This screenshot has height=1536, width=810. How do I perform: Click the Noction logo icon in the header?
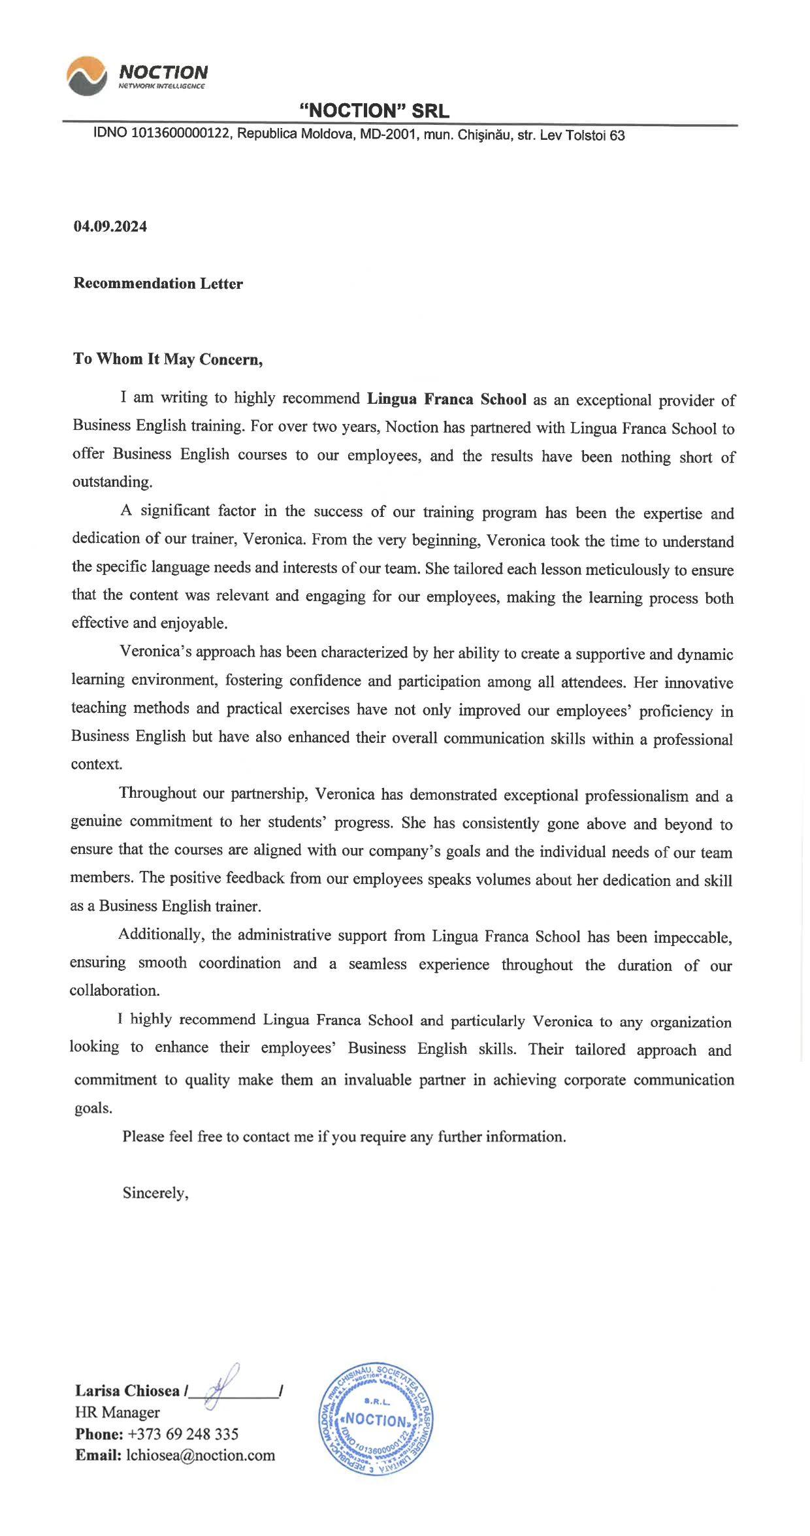point(86,75)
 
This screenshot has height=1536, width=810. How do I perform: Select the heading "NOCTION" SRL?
point(374,111)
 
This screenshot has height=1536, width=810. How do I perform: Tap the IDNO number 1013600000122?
point(181,134)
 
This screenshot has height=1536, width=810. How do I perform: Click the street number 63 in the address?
point(617,136)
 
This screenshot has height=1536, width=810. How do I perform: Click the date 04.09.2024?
point(110,227)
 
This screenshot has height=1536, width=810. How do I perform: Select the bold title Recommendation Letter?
point(158,284)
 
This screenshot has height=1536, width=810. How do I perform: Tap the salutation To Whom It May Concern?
point(167,359)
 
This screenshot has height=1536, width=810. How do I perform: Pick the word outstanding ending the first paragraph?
point(112,482)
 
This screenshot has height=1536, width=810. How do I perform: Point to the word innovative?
point(698,683)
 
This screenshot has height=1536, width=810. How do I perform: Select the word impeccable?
point(692,938)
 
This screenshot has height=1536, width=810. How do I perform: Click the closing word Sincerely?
point(155,1193)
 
